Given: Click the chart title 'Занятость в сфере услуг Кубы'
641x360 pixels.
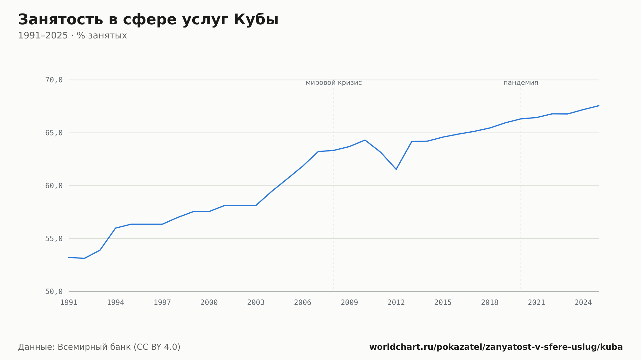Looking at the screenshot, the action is (148, 20).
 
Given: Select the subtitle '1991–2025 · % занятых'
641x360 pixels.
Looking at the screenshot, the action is (72, 36).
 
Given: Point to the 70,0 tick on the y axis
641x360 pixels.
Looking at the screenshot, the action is (54, 80).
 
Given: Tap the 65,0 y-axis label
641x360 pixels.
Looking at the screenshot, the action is (54, 133).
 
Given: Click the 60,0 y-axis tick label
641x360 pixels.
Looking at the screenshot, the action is (54, 186).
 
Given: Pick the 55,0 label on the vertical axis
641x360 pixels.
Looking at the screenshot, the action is (54, 239).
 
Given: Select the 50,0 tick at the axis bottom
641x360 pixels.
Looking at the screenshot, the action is (54, 291).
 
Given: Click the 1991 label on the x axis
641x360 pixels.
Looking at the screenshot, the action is (69, 303).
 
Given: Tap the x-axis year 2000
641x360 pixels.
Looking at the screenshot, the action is (209, 303).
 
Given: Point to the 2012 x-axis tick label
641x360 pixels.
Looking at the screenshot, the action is (396, 303).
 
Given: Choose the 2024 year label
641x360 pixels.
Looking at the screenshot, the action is (583, 303).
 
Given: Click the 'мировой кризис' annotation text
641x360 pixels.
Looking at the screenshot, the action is (334, 83).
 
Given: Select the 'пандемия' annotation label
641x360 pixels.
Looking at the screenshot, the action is (521, 83).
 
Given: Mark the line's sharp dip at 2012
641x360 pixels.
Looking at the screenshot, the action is (396, 169).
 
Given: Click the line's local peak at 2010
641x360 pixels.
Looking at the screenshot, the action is (365, 140).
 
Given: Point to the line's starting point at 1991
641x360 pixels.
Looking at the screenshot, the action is (69, 257).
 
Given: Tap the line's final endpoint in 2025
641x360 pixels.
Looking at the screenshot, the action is (599, 106).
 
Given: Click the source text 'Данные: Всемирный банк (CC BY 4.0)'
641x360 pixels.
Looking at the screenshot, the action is (99, 347).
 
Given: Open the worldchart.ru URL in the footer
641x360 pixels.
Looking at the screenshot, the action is (496, 347).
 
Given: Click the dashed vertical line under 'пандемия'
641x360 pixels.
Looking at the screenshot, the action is (521, 189).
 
